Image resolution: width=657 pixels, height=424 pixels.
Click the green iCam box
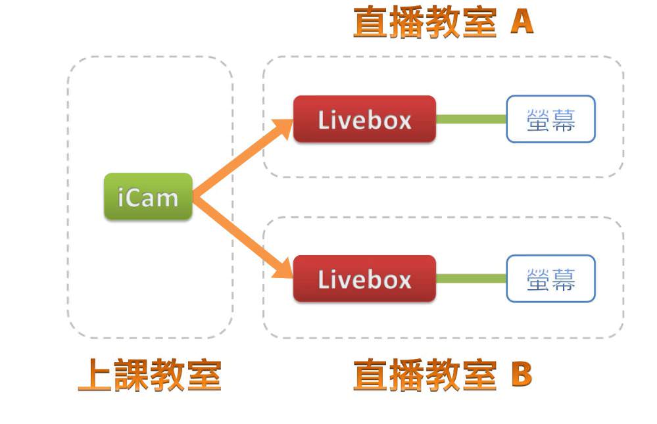pyautogui.click(x=148, y=197)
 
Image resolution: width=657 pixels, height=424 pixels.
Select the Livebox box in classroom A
pyautogui.click(x=364, y=120)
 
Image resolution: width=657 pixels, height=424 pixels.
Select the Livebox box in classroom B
pyautogui.click(x=364, y=279)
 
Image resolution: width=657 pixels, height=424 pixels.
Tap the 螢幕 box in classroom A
pyautogui.click(x=550, y=120)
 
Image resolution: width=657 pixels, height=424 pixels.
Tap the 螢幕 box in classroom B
pyautogui.click(x=550, y=279)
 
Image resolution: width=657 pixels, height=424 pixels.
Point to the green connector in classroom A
pyautogui.click(x=471, y=119)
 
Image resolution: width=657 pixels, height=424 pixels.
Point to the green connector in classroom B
pyautogui.click(x=471, y=279)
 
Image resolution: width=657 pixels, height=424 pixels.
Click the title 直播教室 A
pyautogui.click(x=443, y=23)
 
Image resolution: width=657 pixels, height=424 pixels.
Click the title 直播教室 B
pyautogui.click(x=443, y=375)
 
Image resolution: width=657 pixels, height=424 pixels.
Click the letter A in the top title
pyautogui.click(x=522, y=22)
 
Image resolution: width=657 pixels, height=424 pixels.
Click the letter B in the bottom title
pyautogui.click(x=521, y=375)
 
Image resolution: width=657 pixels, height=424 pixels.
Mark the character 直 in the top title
pyautogui.click(x=371, y=23)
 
